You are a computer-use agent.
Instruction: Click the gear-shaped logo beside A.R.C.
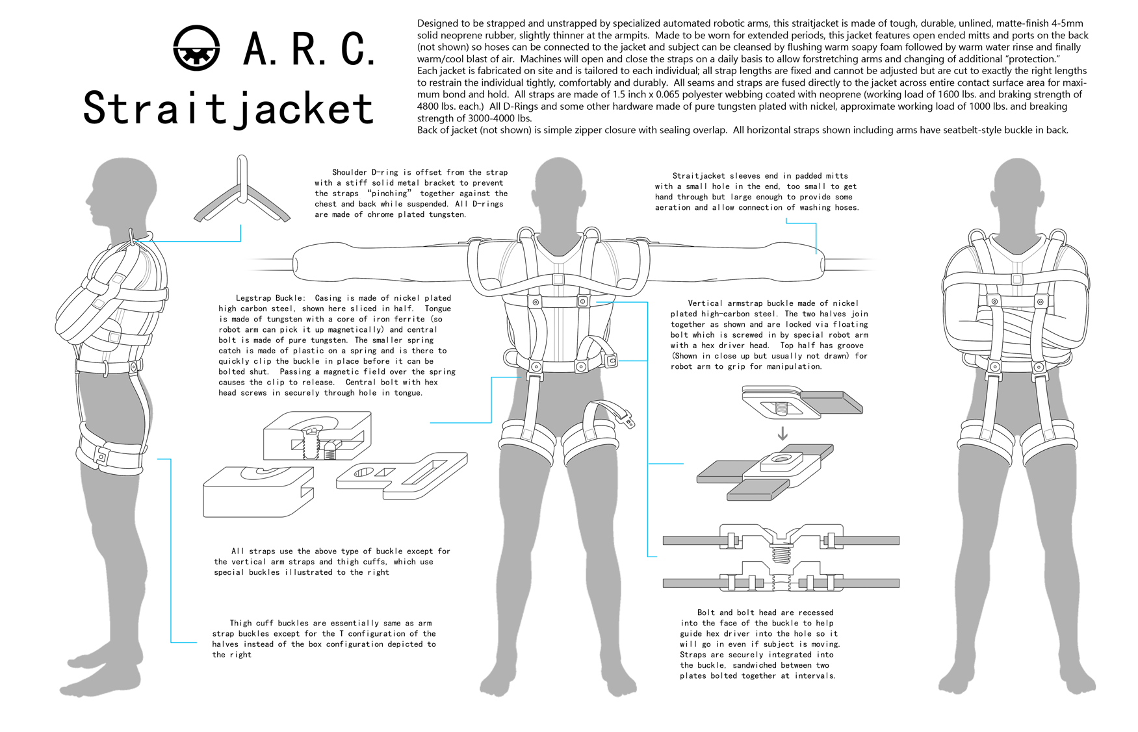[196, 47]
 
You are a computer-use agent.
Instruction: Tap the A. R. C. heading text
[309, 48]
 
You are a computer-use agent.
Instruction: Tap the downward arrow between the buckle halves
[782, 433]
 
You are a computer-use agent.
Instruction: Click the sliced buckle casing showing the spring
[317, 436]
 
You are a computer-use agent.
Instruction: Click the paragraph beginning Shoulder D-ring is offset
[411, 194]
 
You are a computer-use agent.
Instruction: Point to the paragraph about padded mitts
[757, 192]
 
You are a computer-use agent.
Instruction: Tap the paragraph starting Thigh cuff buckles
[324, 639]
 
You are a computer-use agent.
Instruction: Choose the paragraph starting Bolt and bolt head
[760, 644]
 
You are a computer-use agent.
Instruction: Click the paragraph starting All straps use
[331, 562]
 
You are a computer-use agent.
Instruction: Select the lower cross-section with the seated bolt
[781, 577]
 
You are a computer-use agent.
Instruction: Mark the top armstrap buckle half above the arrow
[801, 402]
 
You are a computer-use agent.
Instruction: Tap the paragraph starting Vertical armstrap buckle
[769, 334]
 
